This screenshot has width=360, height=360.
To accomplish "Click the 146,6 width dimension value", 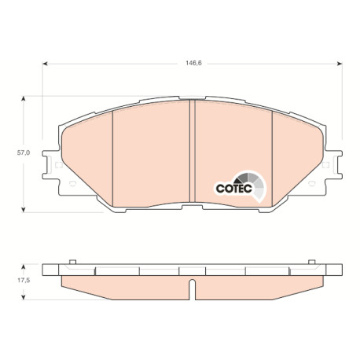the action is click(193, 63).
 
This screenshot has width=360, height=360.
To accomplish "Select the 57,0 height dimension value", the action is click(24, 152).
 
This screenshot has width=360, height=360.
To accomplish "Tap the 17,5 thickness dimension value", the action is click(24, 280).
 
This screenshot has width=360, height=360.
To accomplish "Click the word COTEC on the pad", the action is click(234, 189).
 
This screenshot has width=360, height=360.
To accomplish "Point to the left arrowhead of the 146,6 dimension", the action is click(45, 64).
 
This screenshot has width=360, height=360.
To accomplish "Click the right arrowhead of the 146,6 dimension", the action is click(340, 64).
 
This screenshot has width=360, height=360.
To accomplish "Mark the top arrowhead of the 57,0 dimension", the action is click(24, 99).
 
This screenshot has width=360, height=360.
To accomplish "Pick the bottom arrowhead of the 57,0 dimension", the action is click(24, 209).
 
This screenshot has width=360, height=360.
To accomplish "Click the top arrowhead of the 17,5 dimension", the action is click(24, 267).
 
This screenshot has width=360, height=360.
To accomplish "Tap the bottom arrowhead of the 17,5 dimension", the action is click(24, 297).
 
